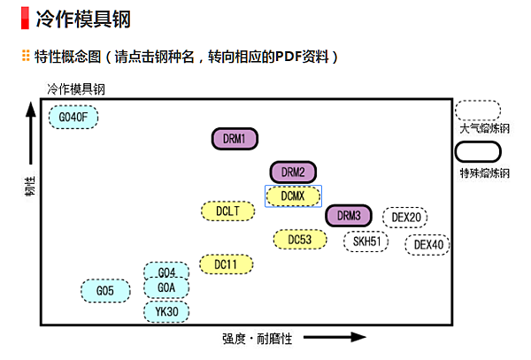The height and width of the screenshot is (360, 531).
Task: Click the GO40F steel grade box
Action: point(73,117)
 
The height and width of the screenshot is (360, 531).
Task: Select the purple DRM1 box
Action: point(235,138)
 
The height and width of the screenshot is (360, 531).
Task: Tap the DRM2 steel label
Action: point(293,172)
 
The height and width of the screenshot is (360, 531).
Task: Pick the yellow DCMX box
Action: point(293,195)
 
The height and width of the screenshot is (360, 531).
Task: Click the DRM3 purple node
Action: point(349,216)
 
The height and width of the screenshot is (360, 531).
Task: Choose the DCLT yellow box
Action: point(228,211)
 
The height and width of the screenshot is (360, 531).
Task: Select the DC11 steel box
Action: point(227,264)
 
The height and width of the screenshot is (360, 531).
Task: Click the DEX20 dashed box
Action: point(406,217)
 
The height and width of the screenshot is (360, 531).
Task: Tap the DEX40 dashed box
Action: point(429,244)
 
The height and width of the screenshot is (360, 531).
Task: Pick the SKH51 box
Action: point(366,241)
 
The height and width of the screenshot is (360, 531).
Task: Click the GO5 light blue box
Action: point(105,290)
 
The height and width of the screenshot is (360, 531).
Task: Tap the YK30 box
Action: point(167,310)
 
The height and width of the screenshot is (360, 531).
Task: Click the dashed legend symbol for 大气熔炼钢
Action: point(478,111)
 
